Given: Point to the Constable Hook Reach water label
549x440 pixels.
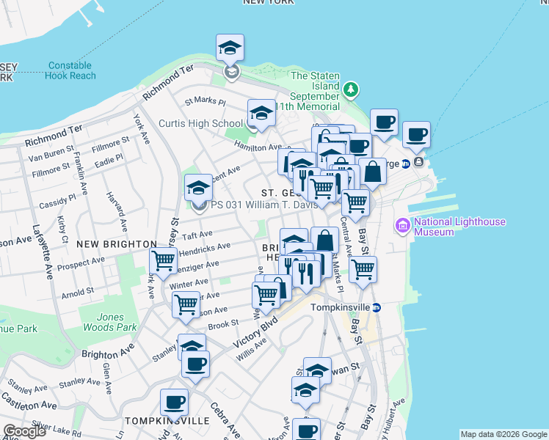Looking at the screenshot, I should point(70,70).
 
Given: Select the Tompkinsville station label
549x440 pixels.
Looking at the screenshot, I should point(340,307).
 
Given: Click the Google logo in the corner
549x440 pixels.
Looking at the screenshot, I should point(24,430).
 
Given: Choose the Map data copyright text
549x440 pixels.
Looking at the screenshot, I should point(503,434).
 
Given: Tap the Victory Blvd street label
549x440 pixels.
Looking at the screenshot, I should point(255,332).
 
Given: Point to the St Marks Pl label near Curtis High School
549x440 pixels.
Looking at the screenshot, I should point(205,101).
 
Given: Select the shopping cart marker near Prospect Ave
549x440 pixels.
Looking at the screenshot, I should point(163,260).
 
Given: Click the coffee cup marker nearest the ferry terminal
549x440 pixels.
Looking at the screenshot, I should point(416,134).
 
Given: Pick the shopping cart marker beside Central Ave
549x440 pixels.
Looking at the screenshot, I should point(363,269).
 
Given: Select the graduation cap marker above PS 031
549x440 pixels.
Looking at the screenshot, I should point(198,188).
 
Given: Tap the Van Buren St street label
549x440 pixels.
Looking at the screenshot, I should point(49,158).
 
